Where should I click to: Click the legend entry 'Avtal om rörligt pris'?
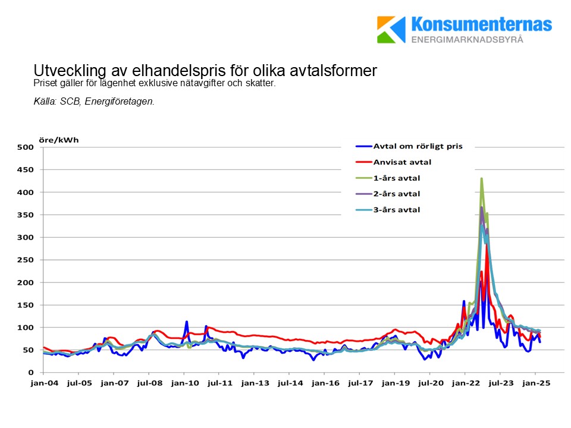click(x=417, y=146)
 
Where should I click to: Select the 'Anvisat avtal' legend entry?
click(x=402, y=161)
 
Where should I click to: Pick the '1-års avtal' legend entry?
click(x=396, y=178)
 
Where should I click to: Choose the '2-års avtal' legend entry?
click(x=396, y=194)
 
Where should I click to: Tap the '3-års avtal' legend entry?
click(x=396, y=210)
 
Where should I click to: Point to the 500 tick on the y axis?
click(x=27, y=147)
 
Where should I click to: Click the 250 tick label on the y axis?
click(x=27, y=260)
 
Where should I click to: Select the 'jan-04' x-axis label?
click(x=44, y=384)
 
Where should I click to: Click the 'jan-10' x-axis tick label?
click(x=184, y=384)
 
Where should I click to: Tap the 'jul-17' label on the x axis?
click(x=359, y=384)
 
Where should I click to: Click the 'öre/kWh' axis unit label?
click(x=58, y=140)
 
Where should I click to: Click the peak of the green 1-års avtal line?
click(x=481, y=178)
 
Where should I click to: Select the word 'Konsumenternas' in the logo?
click(x=482, y=24)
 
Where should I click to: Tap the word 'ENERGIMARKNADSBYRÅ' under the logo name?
click(x=468, y=39)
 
